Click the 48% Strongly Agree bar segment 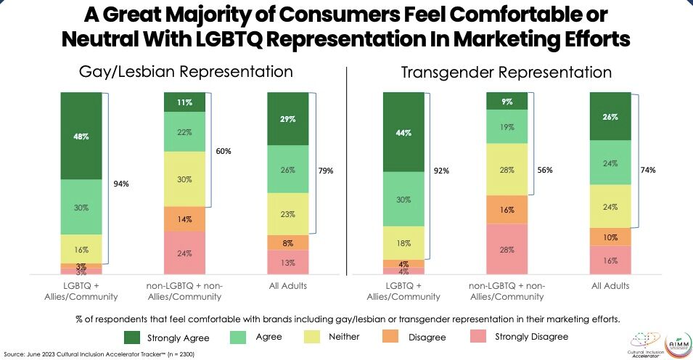81,136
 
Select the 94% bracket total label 120,184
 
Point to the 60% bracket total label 224,152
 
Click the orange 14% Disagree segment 184,218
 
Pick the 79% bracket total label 325,171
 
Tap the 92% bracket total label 441,172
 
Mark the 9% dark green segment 507,102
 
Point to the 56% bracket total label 544,170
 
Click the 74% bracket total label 647,170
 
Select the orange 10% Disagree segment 610,237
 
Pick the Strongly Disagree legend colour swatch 471,336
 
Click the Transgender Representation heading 506,73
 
